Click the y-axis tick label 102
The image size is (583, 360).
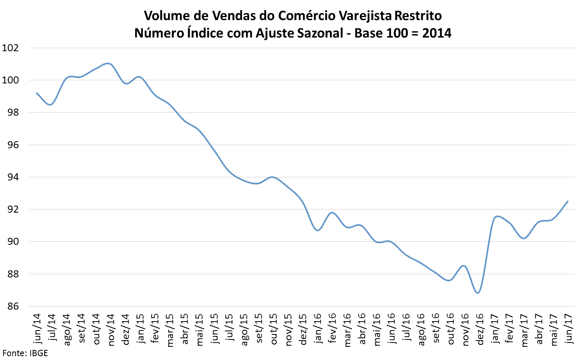pos(10,48)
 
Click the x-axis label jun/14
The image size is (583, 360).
pos(37,329)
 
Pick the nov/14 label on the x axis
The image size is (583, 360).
pos(111,329)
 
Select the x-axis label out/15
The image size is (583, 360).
pos(273,329)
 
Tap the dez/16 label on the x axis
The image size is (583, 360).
pos(480,329)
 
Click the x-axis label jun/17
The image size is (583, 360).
pos(568,329)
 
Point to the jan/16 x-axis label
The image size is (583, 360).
pos(318,329)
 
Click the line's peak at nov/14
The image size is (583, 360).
pos(109,63)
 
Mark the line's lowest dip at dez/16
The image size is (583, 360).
pos(478,293)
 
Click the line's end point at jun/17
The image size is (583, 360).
pos(568,201)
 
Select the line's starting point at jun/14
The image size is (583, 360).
pos(36,93)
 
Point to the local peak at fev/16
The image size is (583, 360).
pos(332,213)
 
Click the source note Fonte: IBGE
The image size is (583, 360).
pos(25,353)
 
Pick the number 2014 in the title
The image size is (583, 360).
pos(437,33)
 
